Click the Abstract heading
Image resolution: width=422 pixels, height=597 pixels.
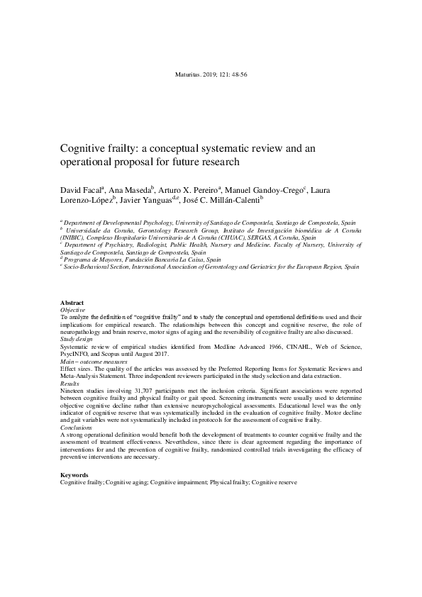pyautogui.click(x=72, y=302)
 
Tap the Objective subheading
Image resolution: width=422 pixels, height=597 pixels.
pyautogui.click(x=73, y=310)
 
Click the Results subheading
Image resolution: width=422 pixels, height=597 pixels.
pyautogui.click(x=70, y=384)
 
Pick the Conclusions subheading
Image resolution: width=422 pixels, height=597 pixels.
pyautogui.click(x=78, y=428)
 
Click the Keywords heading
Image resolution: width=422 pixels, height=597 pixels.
pyautogui.click(x=74, y=474)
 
